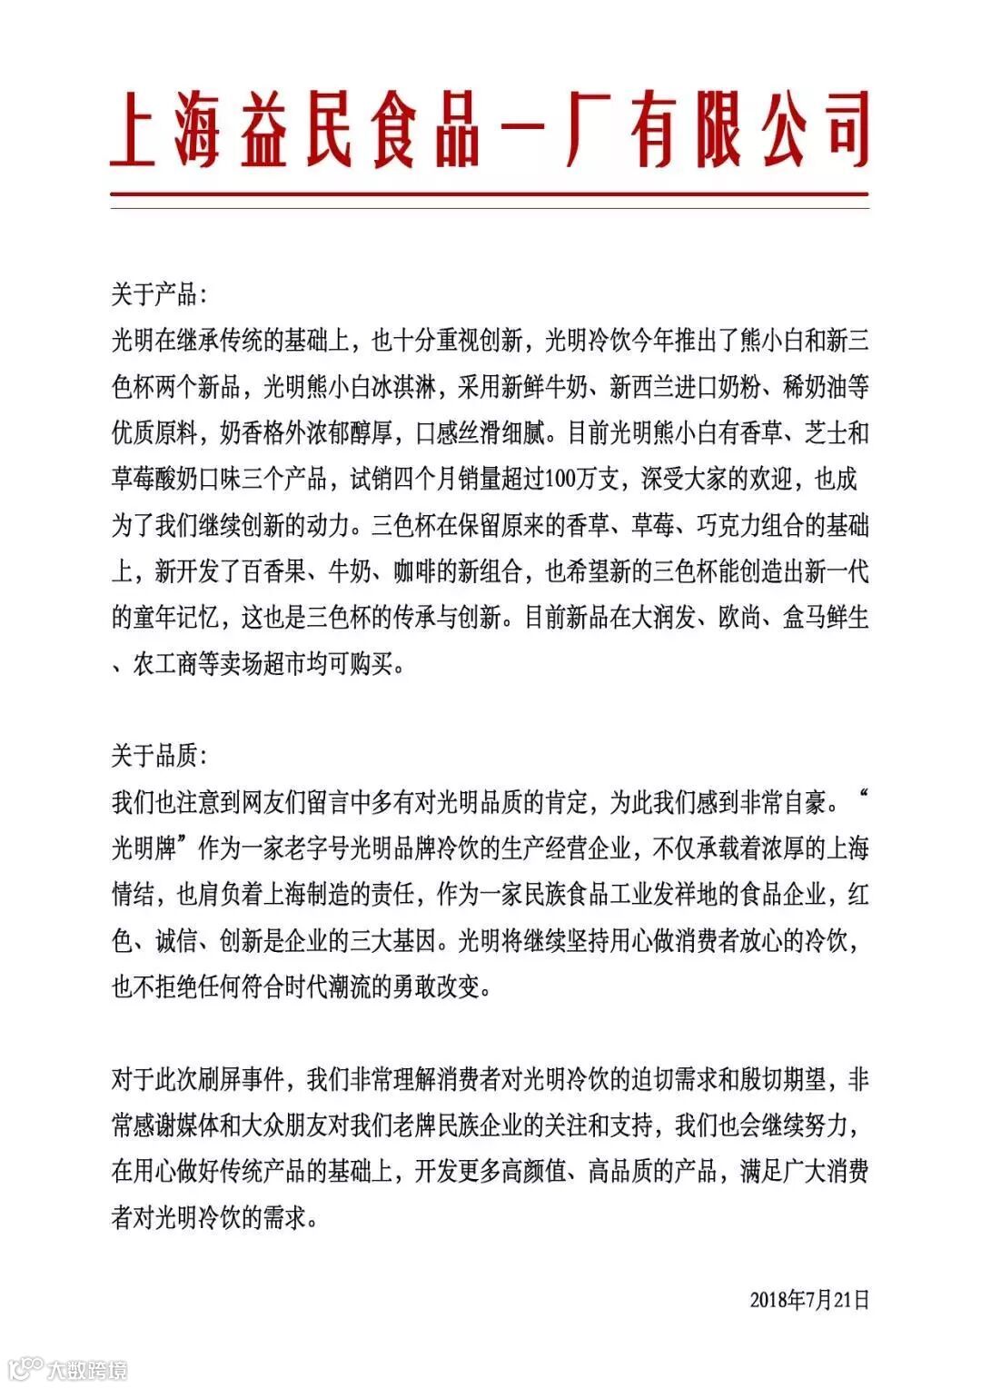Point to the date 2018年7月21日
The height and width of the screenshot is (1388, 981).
point(809,1300)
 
